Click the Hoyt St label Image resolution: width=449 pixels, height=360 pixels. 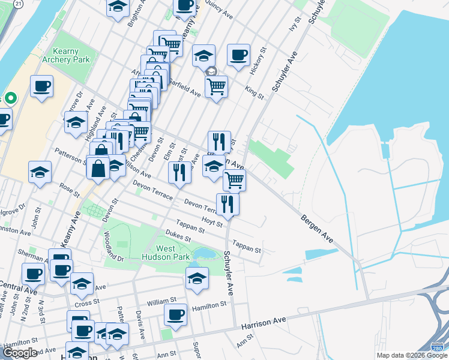[212, 222]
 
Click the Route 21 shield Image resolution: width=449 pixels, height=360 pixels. [19, 4]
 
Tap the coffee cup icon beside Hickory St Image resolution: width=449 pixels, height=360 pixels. [238, 55]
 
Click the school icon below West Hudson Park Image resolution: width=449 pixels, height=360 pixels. [197, 278]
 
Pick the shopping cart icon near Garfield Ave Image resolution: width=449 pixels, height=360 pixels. [216, 85]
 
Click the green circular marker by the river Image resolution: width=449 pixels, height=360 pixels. [10, 98]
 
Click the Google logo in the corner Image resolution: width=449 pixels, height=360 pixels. [20, 353]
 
